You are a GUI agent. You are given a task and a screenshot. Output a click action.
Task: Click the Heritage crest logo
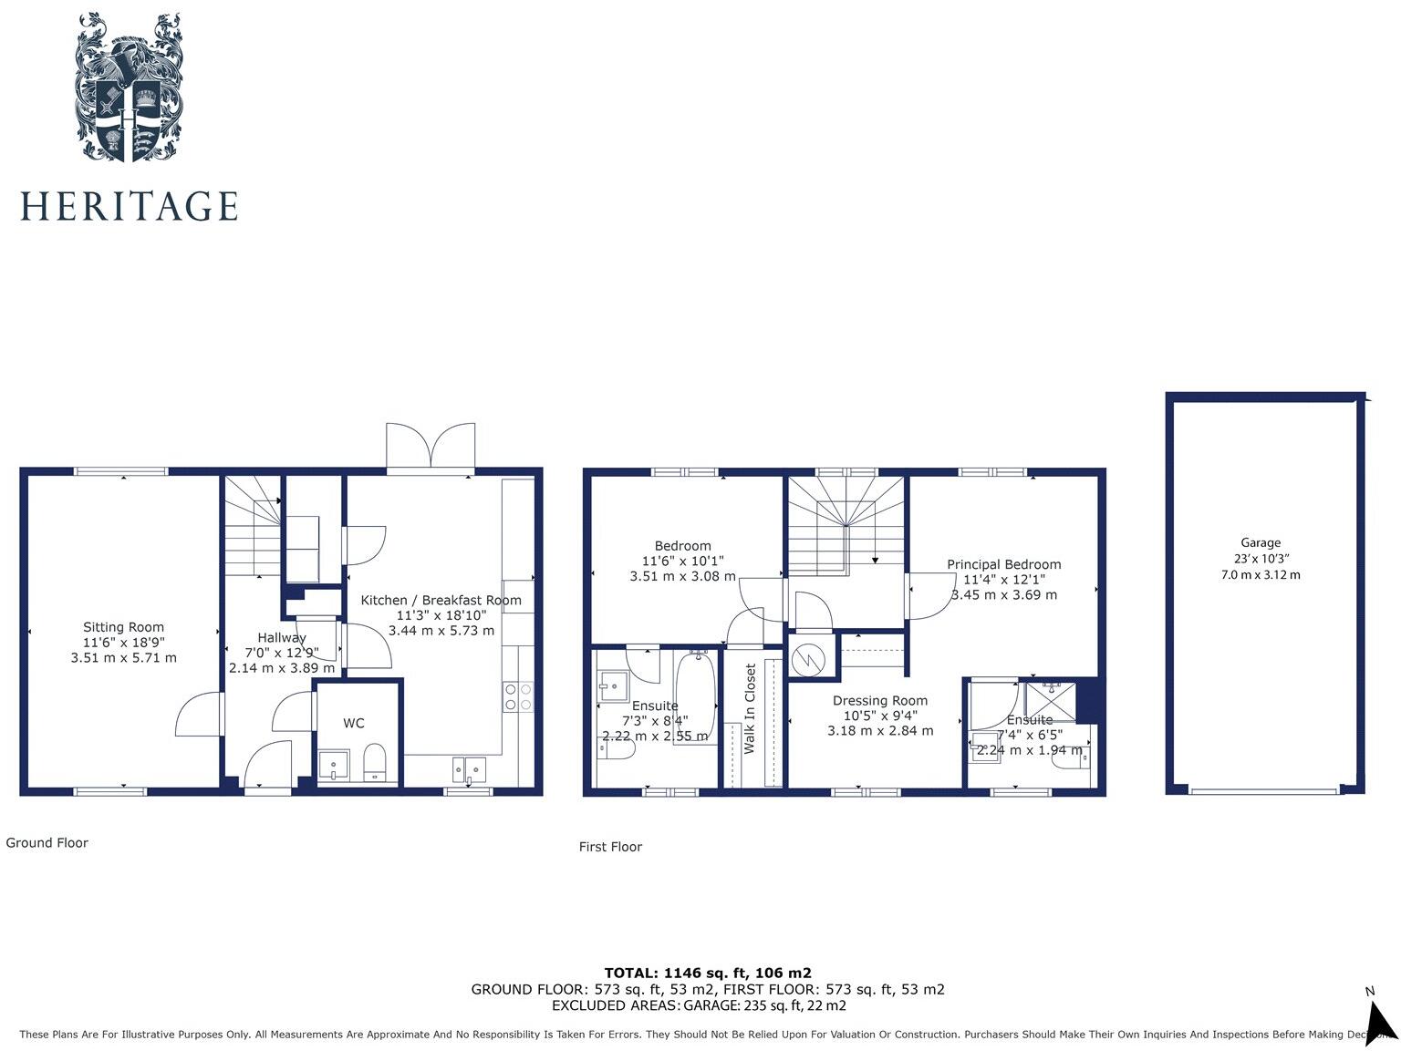(x=129, y=88)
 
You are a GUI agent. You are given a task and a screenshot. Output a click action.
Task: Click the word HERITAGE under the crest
(x=129, y=206)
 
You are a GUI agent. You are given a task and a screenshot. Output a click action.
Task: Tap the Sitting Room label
(x=123, y=627)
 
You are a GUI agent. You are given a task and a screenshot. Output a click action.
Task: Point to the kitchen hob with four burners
(x=518, y=697)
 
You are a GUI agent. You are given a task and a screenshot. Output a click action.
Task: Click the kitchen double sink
(x=472, y=769)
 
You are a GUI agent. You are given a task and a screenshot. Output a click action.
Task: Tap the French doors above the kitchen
(x=431, y=447)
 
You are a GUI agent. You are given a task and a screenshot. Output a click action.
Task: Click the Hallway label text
(x=281, y=638)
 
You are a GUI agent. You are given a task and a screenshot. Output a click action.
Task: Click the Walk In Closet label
(x=750, y=708)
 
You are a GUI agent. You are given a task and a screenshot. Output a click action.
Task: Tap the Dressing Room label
(x=879, y=701)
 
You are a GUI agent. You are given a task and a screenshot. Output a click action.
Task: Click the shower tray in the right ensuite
(x=1050, y=700)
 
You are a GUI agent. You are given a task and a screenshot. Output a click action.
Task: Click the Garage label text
(x=1260, y=542)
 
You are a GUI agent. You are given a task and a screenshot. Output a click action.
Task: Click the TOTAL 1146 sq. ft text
(x=707, y=973)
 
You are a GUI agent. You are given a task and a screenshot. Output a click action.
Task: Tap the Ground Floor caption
(x=47, y=843)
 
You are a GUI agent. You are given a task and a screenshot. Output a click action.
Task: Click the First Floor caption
(x=610, y=847)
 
